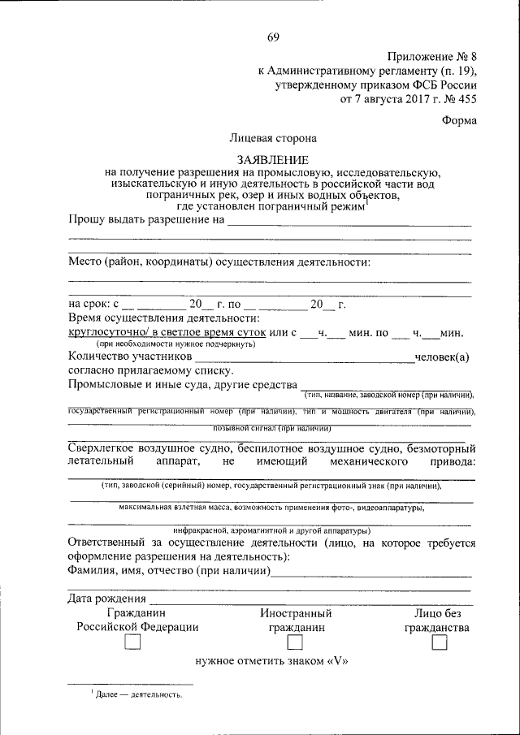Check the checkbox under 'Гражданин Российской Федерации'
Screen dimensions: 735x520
[132, 642]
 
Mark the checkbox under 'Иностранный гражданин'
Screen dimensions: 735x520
[296, 642]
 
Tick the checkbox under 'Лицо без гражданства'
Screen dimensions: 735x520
[440, 642]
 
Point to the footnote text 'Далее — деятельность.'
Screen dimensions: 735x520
[138, 695]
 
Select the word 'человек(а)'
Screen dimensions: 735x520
[442, 357]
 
